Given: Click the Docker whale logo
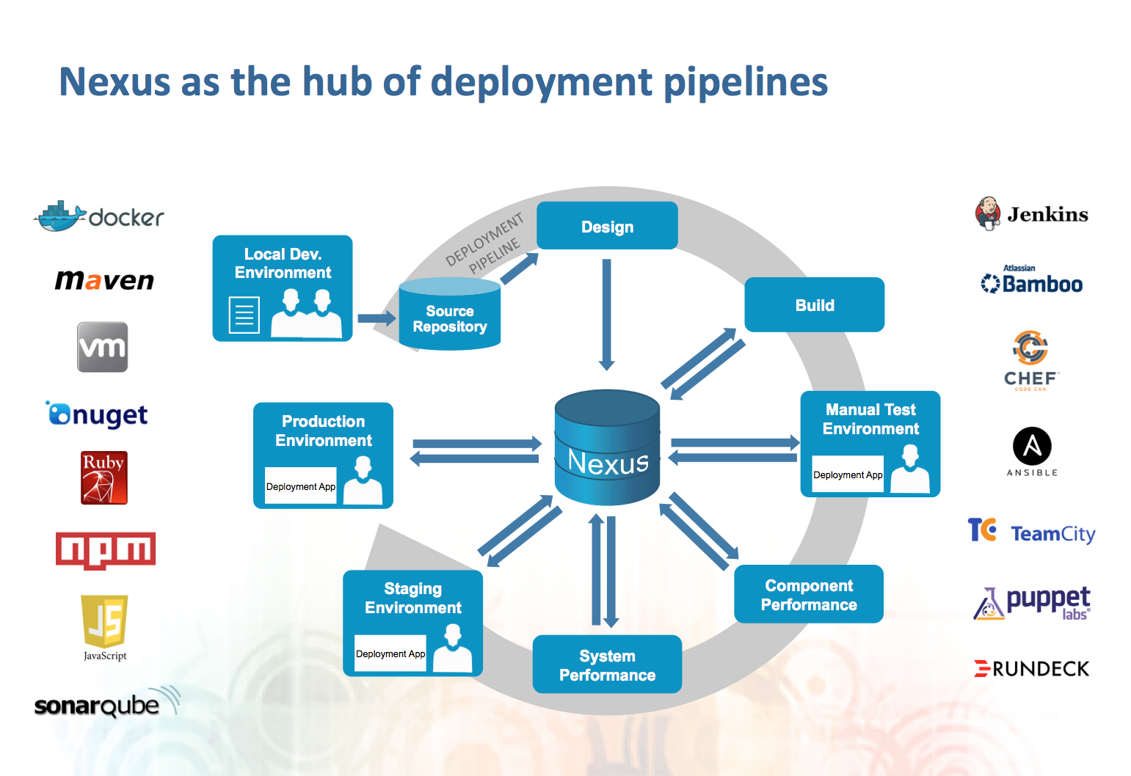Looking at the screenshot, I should pyautogui.click(x=60, y=216).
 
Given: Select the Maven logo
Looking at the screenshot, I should pyautogui.click(x=104, y=280).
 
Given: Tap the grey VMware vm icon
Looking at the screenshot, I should pyautogui.click(x=103, y=347).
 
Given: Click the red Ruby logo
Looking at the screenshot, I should pyautogui.click(x=103, y=477).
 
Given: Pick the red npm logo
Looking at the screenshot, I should pyautogui.click(x=106, y=550).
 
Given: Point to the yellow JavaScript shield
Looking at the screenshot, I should pyautogui.click(x=104, y=621).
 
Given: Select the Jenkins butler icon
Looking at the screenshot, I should pyautogui.click(x=988, y=213).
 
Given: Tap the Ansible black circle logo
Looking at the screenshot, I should pyautogui.click(x=1032, y=446).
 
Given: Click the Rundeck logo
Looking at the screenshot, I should pyautogui.click(x=1031, y=668).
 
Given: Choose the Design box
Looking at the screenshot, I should pyautogui.click(x=607, y=227).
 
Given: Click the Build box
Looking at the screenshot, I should pyautogui.click(x=814, y=305).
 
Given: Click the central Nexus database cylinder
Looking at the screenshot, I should pyautogui.click(x=607, y=447).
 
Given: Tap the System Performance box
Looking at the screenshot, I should pyautogui.click(x=607, y=665).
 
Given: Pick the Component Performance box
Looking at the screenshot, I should pyautogui.click(x=808, y=595).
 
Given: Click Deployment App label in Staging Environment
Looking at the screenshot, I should pyautogui.click(x=390, y=654).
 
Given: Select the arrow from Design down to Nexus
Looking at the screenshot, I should pyautogui.click(x=606, y=314).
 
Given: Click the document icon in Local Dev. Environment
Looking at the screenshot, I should pyautogui.click(x=244, y=315).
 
